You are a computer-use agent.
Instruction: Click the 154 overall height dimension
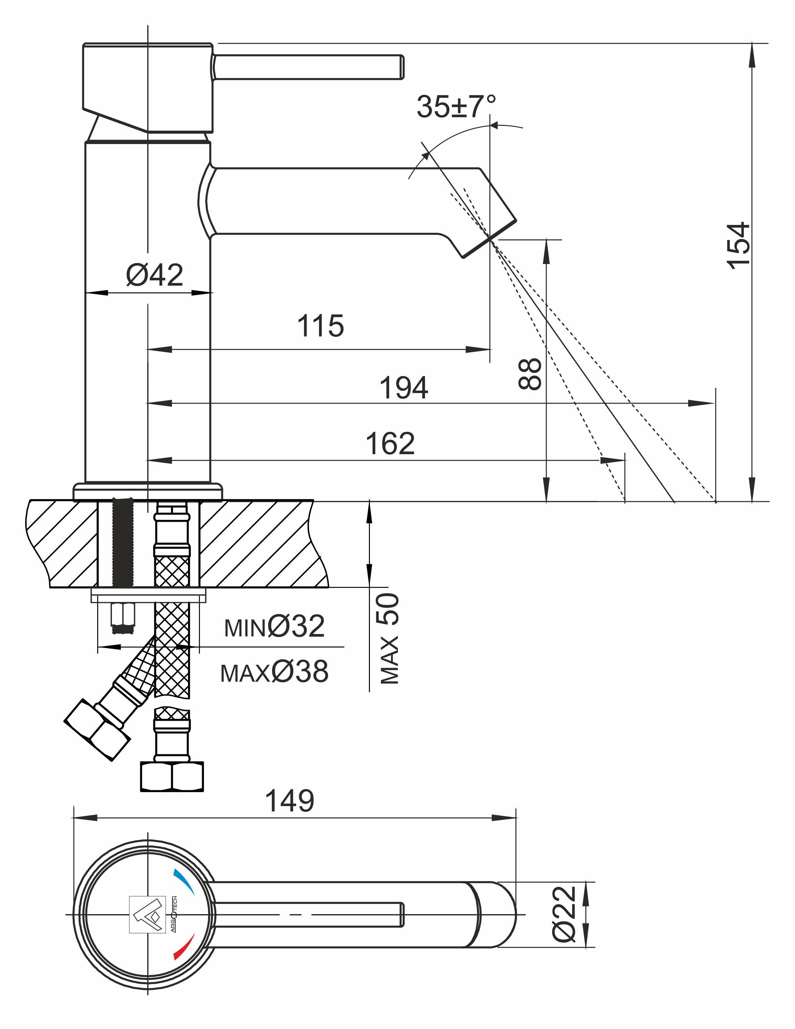pos(738,245)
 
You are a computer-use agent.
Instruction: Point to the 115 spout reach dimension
pos(320,326)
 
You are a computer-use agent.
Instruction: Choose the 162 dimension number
pos(390,443)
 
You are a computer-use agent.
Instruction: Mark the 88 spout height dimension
pos(530,373)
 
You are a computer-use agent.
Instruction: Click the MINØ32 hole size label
pos(274,627)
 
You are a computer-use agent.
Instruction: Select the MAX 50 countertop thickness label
pos(389,639)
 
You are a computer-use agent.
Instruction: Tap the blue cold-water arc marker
pos(184,882)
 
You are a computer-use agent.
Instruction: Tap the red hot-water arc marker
pos(184,946)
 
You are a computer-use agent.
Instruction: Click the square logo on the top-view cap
pos(148,914)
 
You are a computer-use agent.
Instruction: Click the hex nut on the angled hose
pos(97,730)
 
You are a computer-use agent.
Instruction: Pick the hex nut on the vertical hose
pos(172,777)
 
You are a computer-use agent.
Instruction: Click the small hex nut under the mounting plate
pos(123,617)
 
